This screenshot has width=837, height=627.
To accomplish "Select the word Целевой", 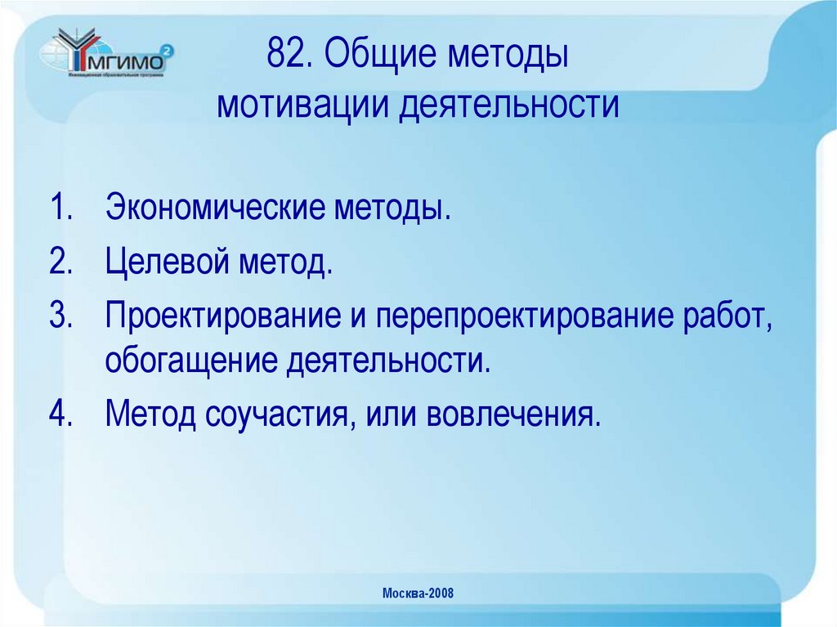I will pyautogui.click(x=167, y=265).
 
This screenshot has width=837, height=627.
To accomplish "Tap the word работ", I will pyautogui.click(x=727, y=317).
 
